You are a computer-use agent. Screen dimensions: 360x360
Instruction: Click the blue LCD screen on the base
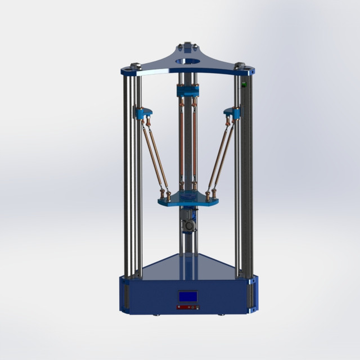[x=187, y=297]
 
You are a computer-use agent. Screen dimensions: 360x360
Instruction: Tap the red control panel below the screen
[x=187, y=307]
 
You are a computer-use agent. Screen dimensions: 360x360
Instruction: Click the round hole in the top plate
[x=186, y=60]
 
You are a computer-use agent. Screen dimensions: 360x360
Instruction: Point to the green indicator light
[x=244, y=85]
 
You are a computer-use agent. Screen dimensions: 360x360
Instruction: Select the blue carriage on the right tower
[x=232, y=112]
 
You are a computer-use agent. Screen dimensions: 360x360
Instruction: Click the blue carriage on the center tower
[x=187, y=91]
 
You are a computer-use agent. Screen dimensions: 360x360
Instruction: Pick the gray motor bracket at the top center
[x=186, y=44]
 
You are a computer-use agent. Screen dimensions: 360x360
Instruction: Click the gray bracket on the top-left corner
[x=135, y=65]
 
